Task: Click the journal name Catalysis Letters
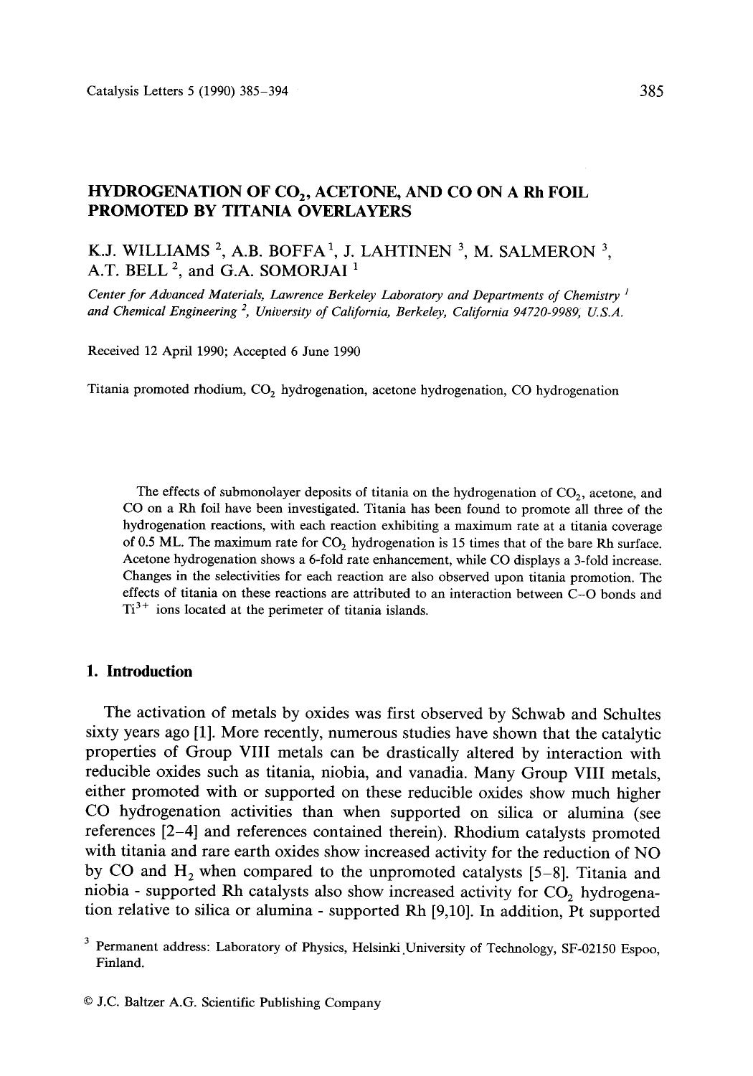pos(127,91)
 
